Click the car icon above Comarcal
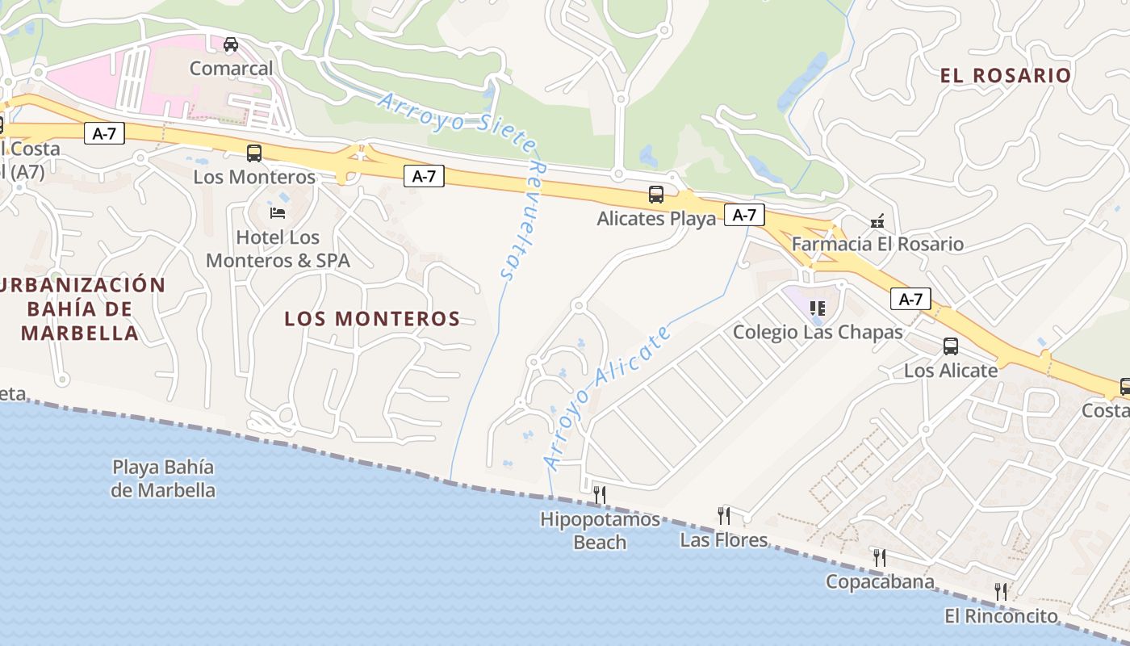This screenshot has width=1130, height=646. [231, 44]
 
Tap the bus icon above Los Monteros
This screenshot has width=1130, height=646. [254, 153]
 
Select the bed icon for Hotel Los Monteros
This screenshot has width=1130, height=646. [278, 213]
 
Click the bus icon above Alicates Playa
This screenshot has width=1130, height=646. [656, 195]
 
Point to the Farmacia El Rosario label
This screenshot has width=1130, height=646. [877, 244]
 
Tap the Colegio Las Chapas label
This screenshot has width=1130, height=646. [818, 332]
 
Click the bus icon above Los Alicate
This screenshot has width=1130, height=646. [951, 346]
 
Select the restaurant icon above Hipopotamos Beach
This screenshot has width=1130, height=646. [599, 494]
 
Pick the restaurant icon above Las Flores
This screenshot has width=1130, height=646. [723, 515]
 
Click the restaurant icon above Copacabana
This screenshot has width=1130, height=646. [879, 557]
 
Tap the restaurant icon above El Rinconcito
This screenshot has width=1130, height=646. [1001, 592]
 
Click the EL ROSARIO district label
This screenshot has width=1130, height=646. [1005, 76]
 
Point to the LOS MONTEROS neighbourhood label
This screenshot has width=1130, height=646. [372, 319]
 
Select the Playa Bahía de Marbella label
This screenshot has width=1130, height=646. [164, 478]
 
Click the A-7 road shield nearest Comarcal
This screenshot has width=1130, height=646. [105, 133]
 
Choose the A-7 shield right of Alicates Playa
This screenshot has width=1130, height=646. [744, 215]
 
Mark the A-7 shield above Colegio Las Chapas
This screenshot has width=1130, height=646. [910, 300]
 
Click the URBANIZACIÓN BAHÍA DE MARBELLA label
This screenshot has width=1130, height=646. [81, 308]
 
